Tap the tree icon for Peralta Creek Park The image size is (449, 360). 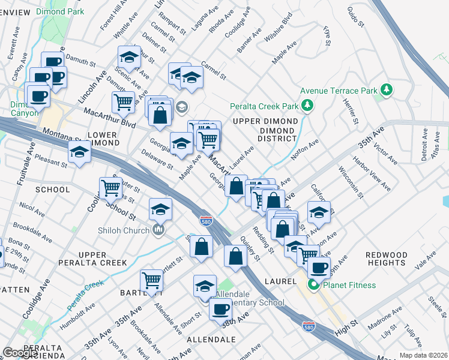[x=308, y=106]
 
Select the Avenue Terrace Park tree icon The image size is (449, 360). [x=387, y=91]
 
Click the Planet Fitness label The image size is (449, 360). [x=351, y=285]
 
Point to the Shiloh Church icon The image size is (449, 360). [x=158, y=229]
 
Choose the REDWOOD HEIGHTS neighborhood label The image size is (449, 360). [x=387, y=259]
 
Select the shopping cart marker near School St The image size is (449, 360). [x=111, y=187]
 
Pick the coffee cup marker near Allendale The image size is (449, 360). [x=221, y=309]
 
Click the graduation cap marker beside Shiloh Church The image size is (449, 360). [x=160, y=210]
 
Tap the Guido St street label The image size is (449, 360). [x=357, y=17]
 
